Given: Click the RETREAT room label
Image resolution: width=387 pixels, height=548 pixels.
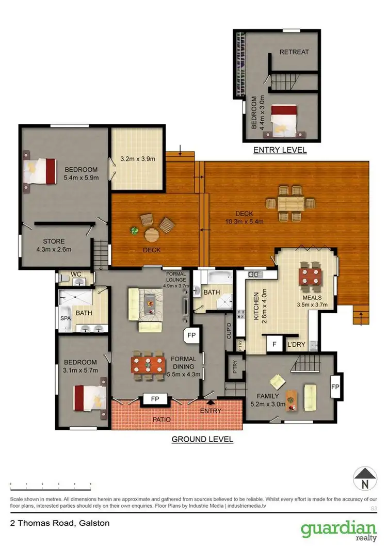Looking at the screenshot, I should (294, 52).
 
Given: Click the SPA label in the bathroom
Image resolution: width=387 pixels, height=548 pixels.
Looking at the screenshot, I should (65, 318).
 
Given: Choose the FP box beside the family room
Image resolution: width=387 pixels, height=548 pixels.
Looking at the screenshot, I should (334, 386).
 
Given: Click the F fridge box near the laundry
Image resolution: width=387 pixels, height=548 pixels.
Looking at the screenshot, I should (274, 343).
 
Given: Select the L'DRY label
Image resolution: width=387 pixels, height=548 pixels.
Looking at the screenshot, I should (297, 343).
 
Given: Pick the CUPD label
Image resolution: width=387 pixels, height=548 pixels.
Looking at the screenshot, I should (229, 329).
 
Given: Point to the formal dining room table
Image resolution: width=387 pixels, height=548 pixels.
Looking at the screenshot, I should (149, 363).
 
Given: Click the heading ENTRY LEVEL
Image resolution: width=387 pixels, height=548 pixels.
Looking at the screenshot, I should (280, 150).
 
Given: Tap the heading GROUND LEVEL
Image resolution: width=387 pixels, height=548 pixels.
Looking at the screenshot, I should (202, 440).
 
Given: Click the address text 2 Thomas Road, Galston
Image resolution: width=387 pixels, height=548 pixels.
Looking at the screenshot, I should (59, 523).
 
